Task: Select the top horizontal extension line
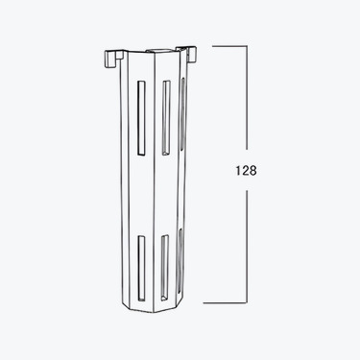(230, 44)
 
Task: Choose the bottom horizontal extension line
(230, 301)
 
